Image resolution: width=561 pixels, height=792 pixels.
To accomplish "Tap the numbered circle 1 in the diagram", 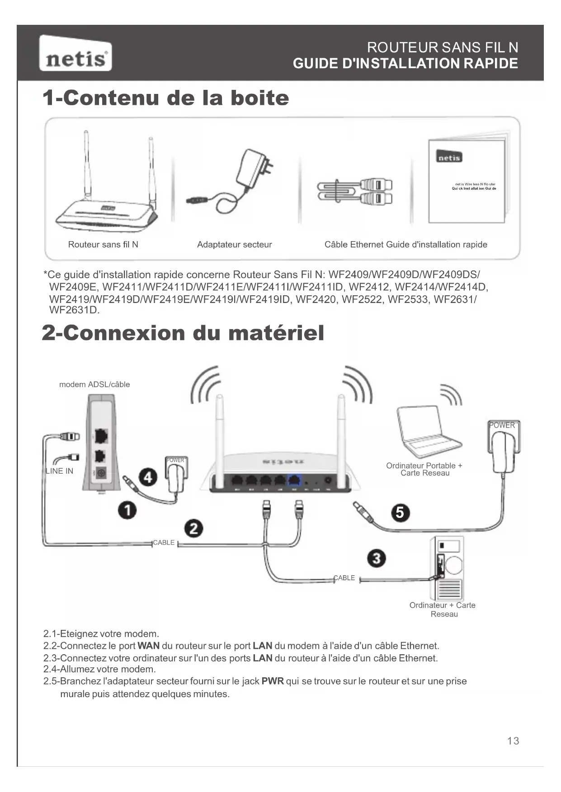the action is tap(127, 510).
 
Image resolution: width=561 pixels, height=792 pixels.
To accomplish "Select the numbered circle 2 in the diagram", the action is tap(193, 528).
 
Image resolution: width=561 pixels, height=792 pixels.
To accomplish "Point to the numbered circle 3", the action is tap(377, 558).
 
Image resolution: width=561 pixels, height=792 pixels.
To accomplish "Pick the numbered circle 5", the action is tap(400, 512).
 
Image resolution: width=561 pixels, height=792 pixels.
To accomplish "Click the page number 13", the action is tap(513, 741).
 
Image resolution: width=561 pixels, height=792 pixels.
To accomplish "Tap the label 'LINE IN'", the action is tap(59, 471).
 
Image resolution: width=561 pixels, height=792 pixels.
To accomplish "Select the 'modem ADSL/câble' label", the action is tap(94, 384).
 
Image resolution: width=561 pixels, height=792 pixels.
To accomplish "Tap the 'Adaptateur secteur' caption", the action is tap(234, 245).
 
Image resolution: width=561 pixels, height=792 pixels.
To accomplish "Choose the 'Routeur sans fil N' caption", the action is tap(103, 245).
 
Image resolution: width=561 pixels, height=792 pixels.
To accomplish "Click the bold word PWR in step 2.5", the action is tap(272, 681).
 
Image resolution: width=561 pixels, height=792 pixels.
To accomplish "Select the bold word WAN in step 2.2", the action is tap(148, 646).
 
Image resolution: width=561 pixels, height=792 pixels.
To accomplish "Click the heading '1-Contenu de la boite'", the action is tap(165, 98).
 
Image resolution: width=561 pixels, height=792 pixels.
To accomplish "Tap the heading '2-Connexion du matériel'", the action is tap(183, 333).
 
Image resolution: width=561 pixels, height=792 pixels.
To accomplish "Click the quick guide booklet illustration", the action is tap(467, 181).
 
